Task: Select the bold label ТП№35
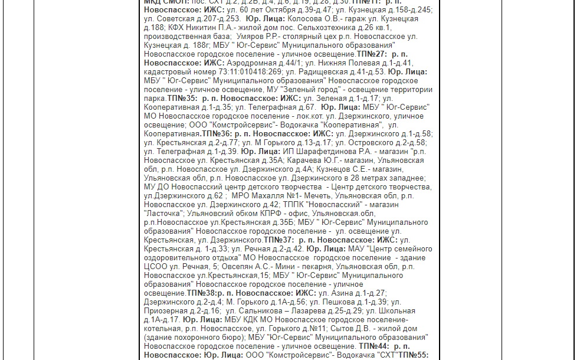(x=182, y=98)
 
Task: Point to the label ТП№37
(x=278, y=240)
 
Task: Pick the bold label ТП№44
(x=373, y=346)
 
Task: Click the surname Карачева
(x=307, y=161)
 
